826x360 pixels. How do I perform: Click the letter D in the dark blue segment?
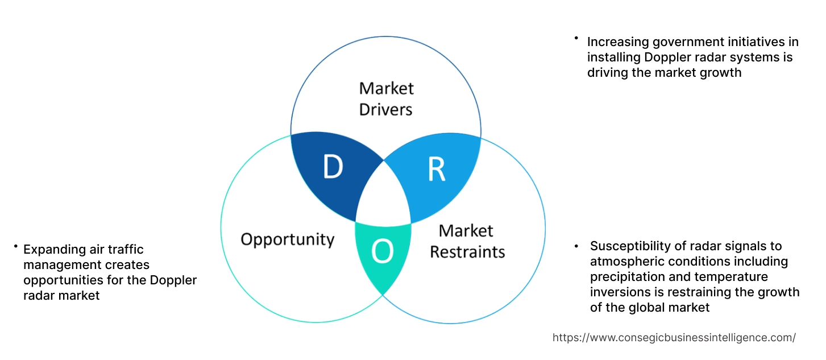pos(333,167)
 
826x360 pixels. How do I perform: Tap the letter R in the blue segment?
pos(436,169)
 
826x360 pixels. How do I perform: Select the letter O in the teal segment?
pos(383,252)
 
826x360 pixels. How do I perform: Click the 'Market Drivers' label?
pos(386,98)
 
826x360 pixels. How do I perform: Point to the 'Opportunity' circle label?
pos(287,239)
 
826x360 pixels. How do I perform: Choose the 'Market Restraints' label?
pos(467,241)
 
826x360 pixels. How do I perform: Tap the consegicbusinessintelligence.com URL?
pos(674,338)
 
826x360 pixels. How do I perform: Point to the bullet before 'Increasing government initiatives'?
pos(576,39)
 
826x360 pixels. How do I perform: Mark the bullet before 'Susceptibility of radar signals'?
pos(576,246)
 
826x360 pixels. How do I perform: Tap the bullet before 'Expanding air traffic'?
pos(15,247)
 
